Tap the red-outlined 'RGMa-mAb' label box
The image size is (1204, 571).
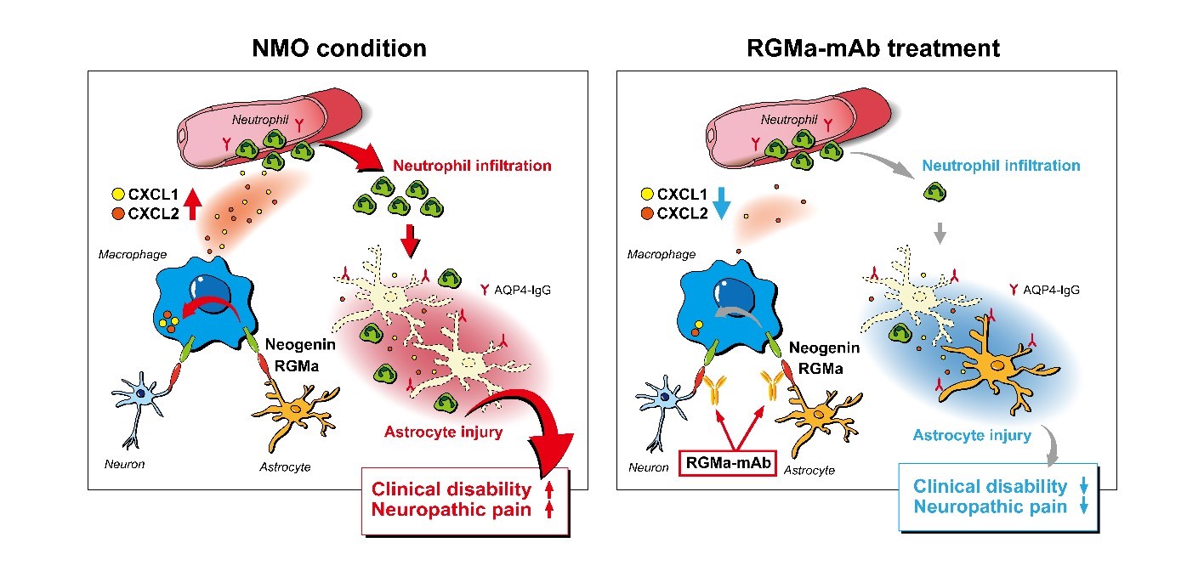click(728, 463)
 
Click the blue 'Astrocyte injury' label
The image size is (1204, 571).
click(972, 436)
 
